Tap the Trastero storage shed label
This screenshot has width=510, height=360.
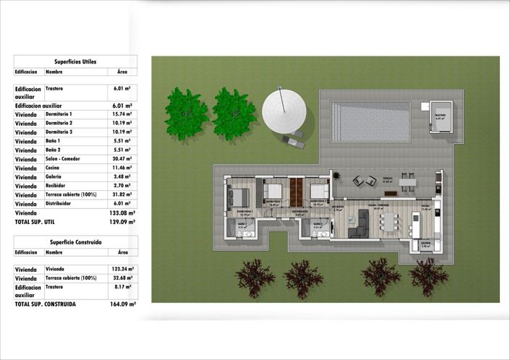tap(440, 116)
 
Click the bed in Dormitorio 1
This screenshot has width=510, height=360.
tap(239, 196)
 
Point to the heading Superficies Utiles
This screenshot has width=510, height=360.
tap(75, 62)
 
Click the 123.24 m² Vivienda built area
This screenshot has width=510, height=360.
tap(122, 269)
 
